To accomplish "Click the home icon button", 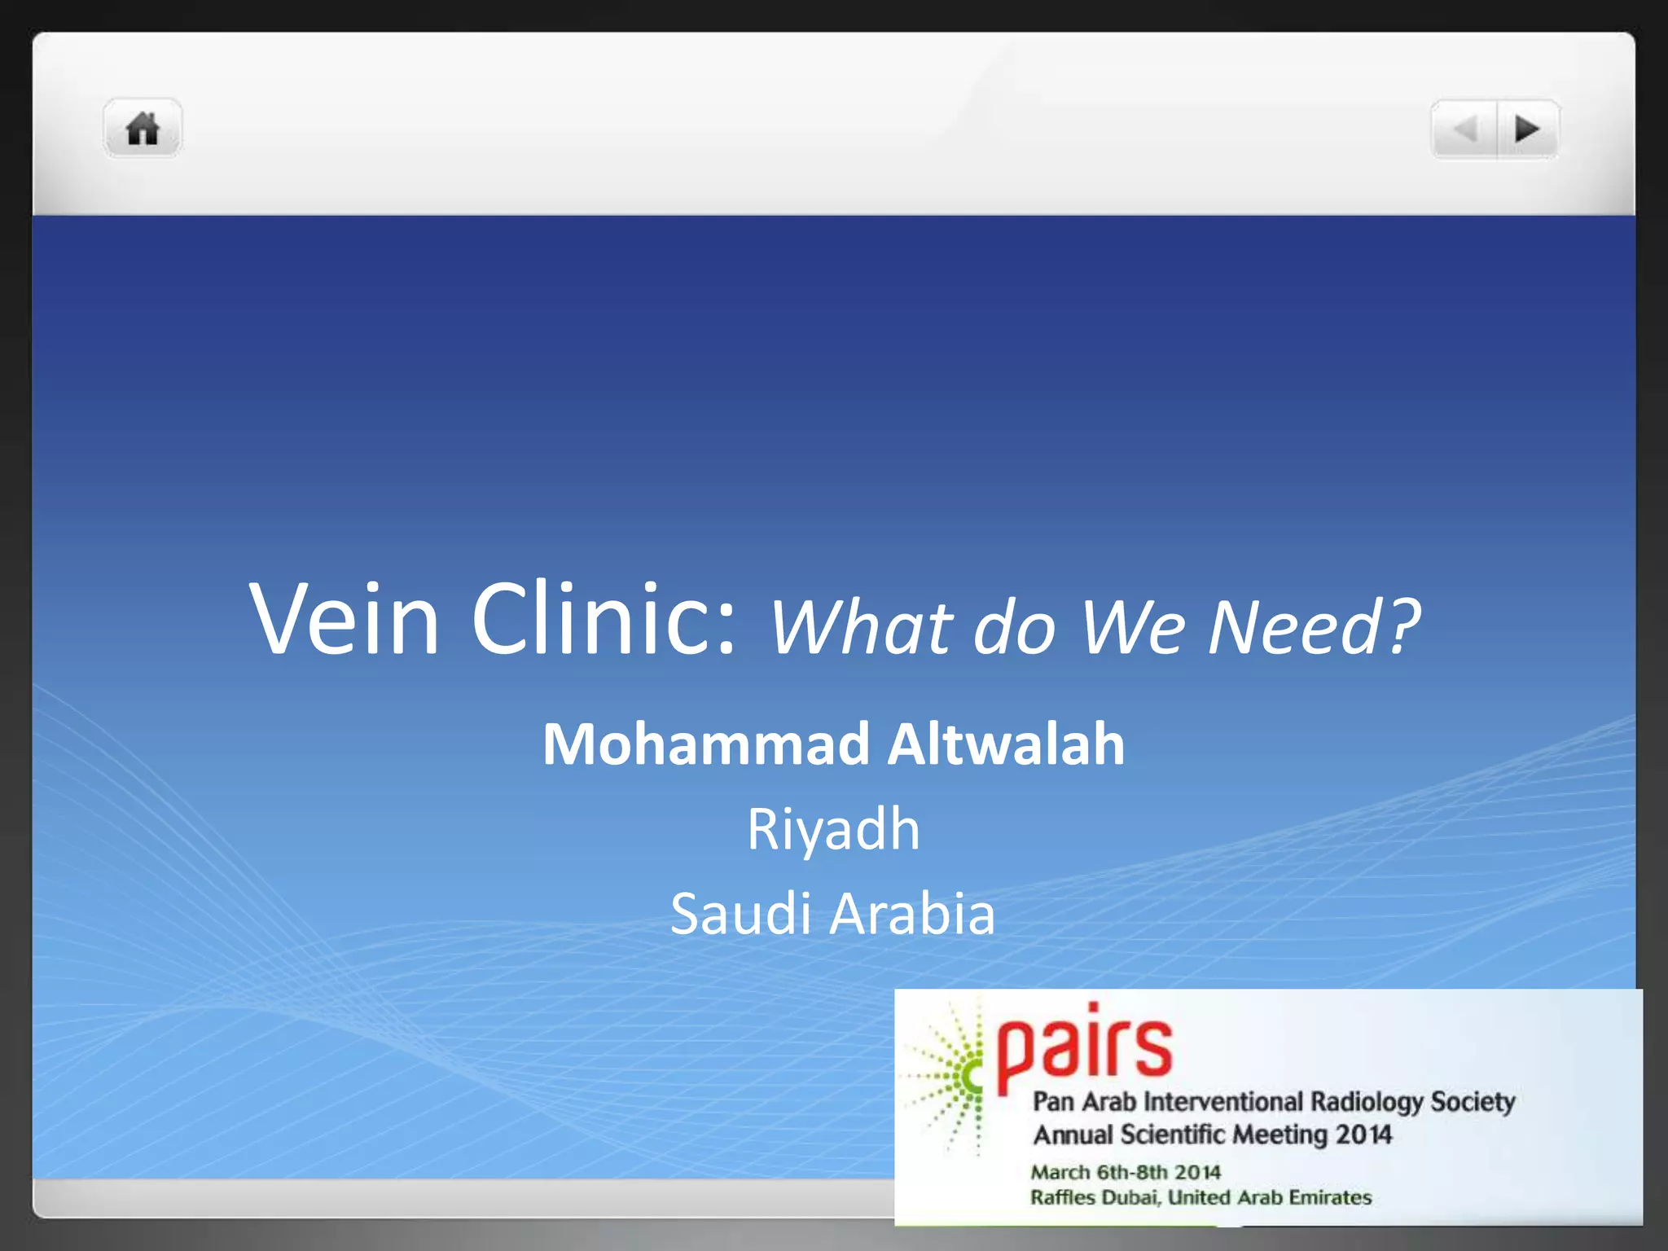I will tap(143, 129).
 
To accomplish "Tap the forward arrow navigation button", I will tap(1527, 129).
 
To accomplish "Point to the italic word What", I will tap(860, 626).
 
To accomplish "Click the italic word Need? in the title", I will tap(1314, 626).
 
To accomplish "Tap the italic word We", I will tap(1132, 626).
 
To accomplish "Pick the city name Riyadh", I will tap(833, 829).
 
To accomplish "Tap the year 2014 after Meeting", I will tap(1363, 1135).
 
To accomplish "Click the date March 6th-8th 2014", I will tap(1126, 1172).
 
